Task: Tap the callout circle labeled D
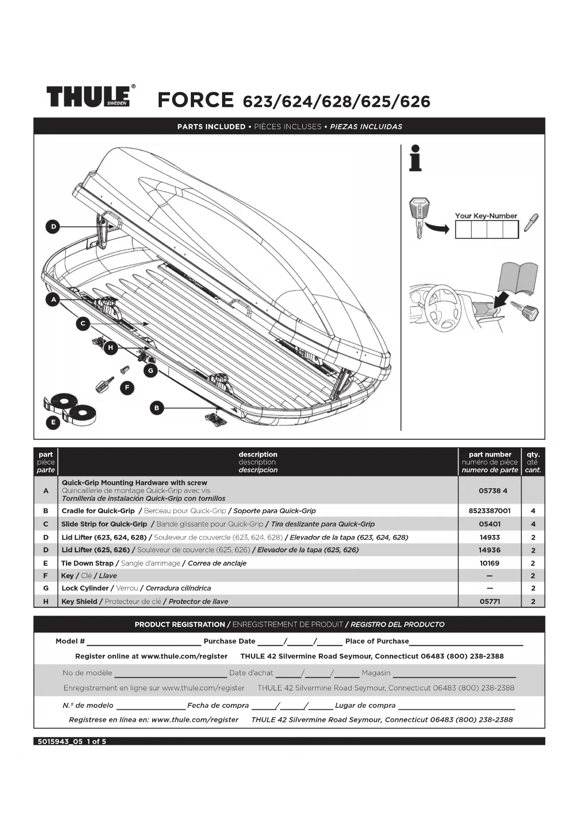53,227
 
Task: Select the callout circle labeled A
53,299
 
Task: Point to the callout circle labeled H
111,347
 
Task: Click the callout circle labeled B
157,408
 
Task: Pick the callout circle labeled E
53,422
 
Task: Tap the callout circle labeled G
150,371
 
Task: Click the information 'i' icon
415,158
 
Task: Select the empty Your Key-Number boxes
487,229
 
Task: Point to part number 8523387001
489,511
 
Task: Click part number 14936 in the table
489,550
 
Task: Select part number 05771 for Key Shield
489,602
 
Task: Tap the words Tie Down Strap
87,563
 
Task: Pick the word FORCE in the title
195,100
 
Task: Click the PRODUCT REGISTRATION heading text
180,624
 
